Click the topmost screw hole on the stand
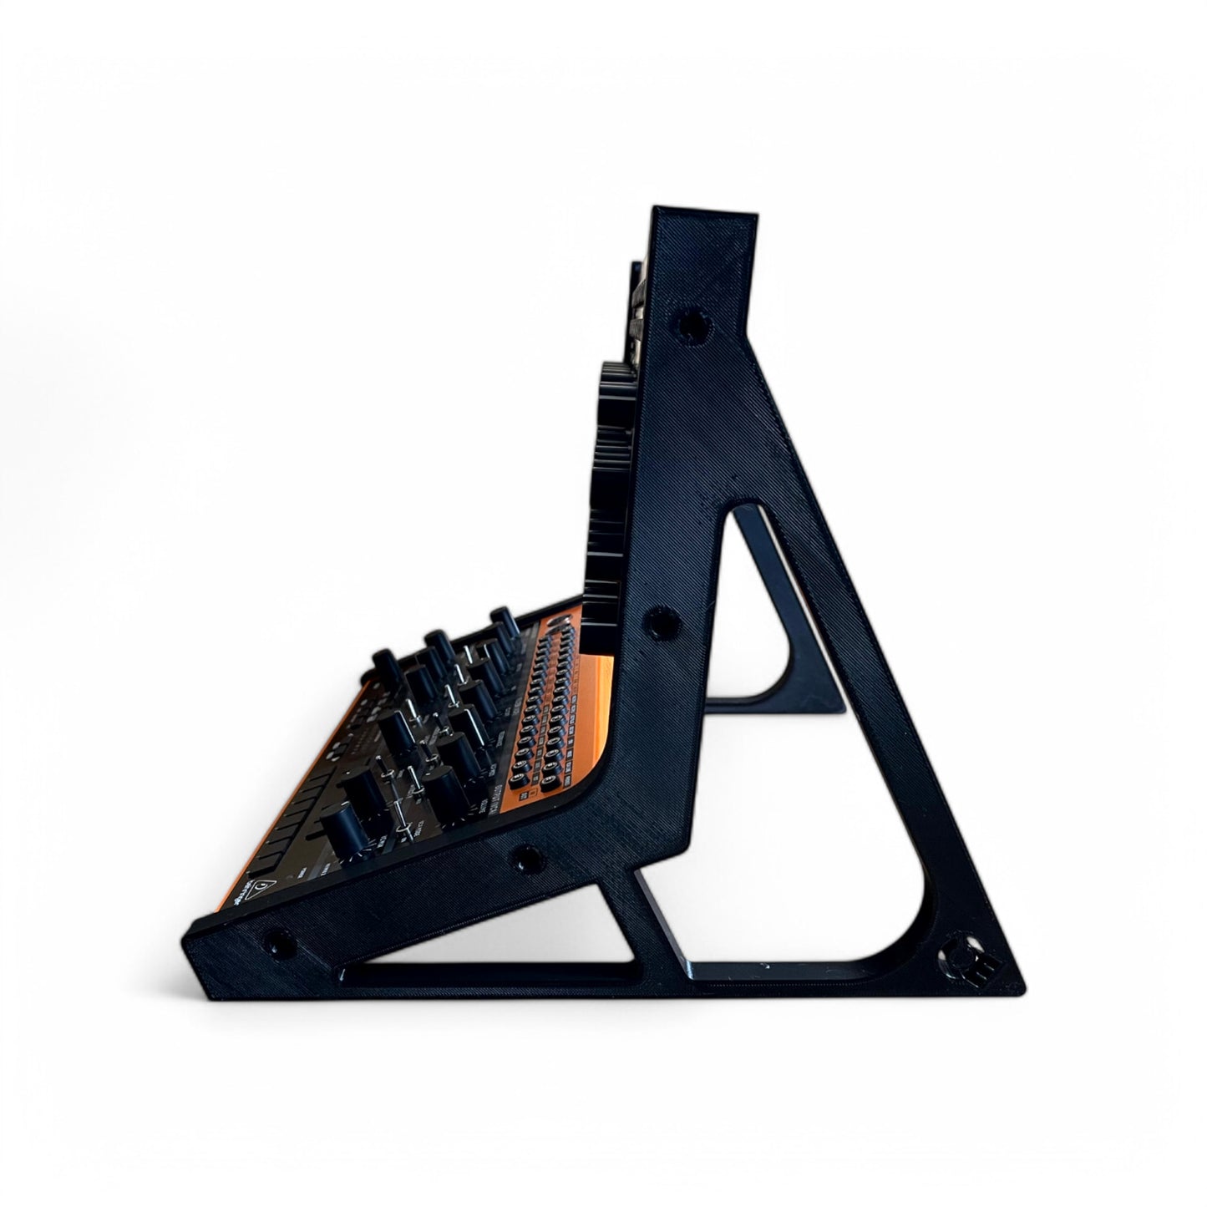tap(690, 319)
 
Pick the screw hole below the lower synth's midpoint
tap(526, 856)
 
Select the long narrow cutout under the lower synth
tap(493, 972)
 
